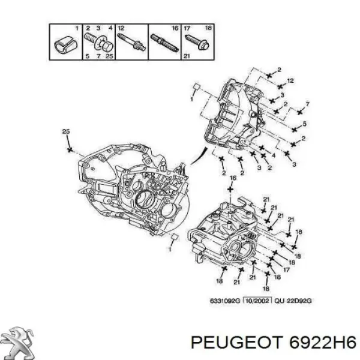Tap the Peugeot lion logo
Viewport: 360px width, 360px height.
point(20,340)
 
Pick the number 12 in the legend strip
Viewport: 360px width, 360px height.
point(121,29)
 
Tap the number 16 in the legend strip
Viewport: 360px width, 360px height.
point(175,29)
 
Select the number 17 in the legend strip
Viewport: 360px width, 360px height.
point(186,29)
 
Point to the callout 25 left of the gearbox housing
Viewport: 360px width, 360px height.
point(66,131)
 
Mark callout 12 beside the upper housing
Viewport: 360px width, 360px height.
point(290,81)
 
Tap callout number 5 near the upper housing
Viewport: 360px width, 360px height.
point(304,124)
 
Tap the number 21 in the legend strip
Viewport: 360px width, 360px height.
point(187,56)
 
